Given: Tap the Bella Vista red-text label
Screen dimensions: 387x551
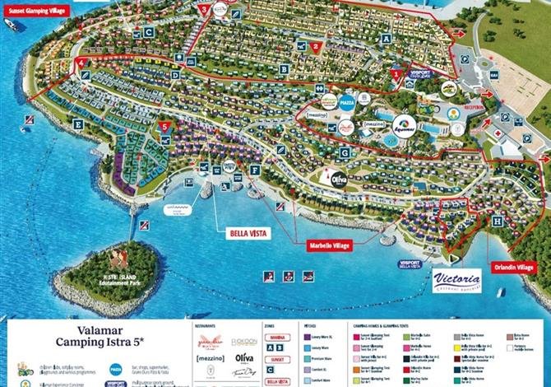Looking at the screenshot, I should pyautogui.click(x=248, y=233).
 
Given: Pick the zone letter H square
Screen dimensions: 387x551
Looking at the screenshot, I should pyautogui.click(x=498, y=221).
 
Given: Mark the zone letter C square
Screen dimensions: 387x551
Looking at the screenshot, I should pyautogui.click(x=149, y=32).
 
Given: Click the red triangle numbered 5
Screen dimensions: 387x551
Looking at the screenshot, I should pyautogui.click(x=165, y=128).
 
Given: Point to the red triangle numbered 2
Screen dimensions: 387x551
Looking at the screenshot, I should pyautogui.click(x=316, y=47).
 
